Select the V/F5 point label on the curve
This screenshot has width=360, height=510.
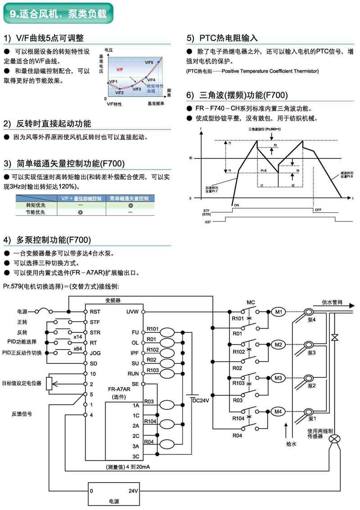coord(149,62)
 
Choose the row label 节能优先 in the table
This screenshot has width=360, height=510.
coord(36,212)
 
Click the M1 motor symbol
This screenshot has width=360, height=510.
coord(278,311)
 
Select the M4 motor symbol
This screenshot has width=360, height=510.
coord(278,411)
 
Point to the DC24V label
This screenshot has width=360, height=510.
coord(200,400)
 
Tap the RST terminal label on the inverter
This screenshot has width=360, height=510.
coord(94,311)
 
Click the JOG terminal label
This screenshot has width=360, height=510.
coord(95,353)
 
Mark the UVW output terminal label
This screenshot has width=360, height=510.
coord(133,311)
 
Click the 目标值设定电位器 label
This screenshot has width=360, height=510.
coord(22,383)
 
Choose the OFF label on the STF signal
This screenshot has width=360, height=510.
coord(318,210)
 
